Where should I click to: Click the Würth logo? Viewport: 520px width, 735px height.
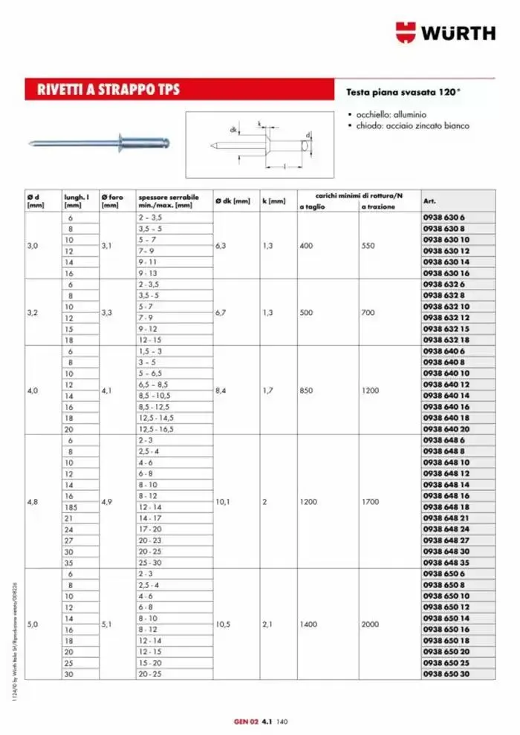point(445,32)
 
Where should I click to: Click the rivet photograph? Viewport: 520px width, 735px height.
point(100,142)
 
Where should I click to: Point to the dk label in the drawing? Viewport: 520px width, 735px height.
point(233,130)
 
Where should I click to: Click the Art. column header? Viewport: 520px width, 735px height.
point(429,200)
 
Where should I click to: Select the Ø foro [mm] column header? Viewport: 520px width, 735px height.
point(113,200)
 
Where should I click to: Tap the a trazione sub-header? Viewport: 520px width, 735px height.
point(378,206)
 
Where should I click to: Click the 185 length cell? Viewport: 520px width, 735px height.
point(70,507)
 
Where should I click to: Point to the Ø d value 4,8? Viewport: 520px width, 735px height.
point(33,502)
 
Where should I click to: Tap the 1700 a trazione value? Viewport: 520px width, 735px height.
point(370,502)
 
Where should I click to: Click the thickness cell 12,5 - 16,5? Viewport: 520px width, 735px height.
point(155,429)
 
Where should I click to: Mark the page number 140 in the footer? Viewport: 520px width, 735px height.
point(282,720)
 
